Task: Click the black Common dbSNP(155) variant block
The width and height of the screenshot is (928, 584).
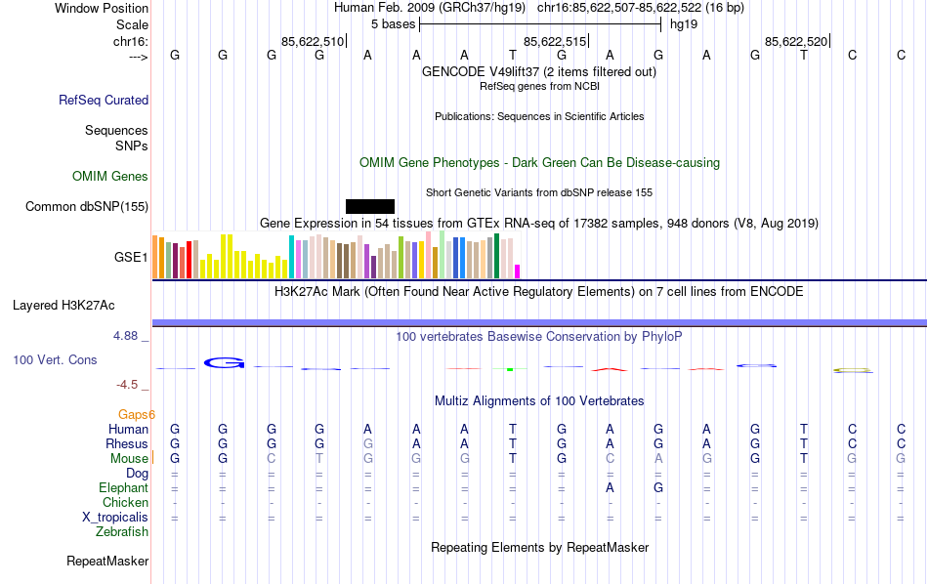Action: (370, 206)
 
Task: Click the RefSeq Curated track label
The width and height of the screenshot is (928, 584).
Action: (104, 100)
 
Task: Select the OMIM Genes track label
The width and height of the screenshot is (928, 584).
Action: (110, 177)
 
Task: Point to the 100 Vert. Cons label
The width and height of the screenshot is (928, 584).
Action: (55, 360)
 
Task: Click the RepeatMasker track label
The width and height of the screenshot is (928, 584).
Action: (107, 562)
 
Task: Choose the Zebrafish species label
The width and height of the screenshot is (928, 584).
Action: (122, 532)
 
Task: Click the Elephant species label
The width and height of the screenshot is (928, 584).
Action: (123, 488)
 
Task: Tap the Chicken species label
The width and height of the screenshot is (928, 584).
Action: (125, 503)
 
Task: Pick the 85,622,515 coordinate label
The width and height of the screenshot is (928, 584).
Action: (555, 41)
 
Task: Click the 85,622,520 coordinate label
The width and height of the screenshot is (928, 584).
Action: (796, 41)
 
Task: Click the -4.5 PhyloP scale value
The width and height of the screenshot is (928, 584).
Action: (129, 385)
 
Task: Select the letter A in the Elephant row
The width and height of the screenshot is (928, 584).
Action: (610, 488)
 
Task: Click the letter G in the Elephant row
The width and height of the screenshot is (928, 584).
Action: (658, 488)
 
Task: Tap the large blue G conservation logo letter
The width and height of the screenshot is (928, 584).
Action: (224, 363)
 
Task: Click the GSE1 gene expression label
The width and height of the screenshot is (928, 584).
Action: (131, 258)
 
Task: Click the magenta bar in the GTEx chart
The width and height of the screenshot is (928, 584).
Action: (518, 271)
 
